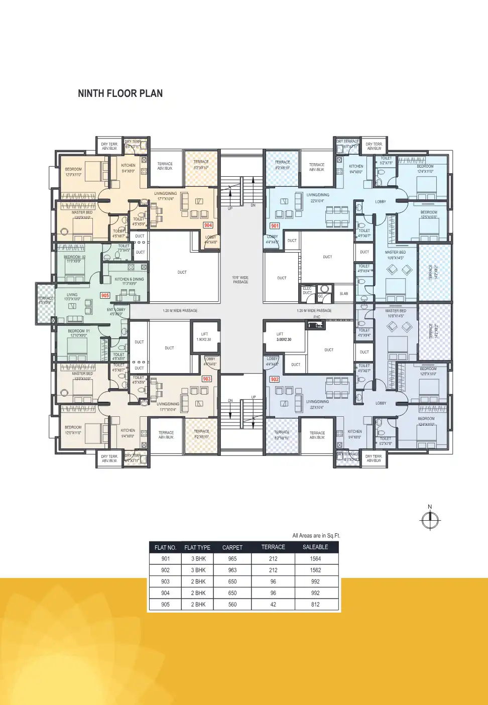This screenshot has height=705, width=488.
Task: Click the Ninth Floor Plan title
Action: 120,93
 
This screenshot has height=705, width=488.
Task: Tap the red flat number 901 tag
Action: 275,226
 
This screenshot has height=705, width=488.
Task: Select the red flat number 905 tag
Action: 105,295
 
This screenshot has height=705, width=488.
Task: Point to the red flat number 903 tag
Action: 206,379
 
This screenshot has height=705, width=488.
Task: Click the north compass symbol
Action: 430,520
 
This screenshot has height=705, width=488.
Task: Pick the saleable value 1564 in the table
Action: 315,558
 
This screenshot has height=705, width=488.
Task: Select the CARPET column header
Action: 232,547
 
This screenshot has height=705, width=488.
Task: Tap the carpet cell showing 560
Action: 232,605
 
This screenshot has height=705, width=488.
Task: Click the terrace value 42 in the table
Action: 273,605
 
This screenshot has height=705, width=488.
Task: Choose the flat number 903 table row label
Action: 165,581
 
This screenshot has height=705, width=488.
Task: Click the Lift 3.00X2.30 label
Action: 284,337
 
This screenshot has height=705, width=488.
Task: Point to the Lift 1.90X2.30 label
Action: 204,337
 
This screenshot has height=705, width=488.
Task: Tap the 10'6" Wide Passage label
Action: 240,280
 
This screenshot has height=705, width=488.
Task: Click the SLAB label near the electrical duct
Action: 344,293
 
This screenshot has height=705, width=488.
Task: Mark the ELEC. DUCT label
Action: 307,290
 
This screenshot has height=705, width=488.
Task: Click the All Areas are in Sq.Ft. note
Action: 316,536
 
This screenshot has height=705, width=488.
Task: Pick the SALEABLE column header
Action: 315,547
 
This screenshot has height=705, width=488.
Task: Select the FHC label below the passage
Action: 317,317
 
